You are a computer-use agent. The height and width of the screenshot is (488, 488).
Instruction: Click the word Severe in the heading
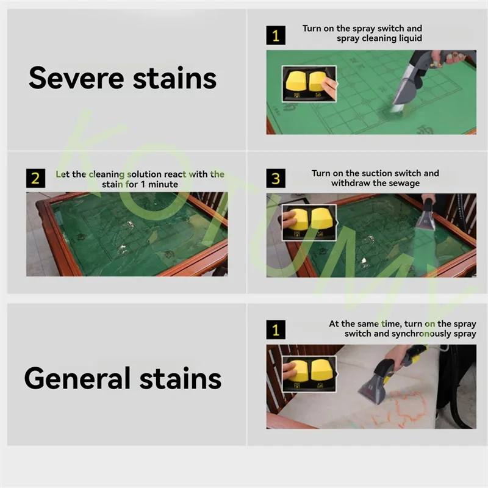click(x=76, y=78)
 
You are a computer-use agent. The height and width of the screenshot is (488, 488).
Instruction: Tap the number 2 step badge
click(x=35, y=178)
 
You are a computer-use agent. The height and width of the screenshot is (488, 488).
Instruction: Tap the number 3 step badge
click(x=276, y=178)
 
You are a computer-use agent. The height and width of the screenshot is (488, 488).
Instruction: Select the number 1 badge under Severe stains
click(x=276, y=35)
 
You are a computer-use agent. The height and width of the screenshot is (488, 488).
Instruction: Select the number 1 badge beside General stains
click(x=276, y=329)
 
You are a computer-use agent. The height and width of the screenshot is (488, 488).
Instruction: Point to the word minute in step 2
click(x=163, y=184)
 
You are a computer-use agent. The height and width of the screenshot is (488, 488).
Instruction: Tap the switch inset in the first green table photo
click(x=309, y=84)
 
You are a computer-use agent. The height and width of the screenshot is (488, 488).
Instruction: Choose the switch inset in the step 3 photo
click(x=309, y=223)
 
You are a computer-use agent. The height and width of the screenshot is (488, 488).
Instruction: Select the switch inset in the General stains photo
click(x=309, y=374)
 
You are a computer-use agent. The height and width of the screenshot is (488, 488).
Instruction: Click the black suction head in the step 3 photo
click(x=426, y=215)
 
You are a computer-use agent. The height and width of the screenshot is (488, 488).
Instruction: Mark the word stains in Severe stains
click(x=174, y=78)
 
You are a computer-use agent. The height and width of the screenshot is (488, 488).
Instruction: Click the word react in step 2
click(x=175, y=174)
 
